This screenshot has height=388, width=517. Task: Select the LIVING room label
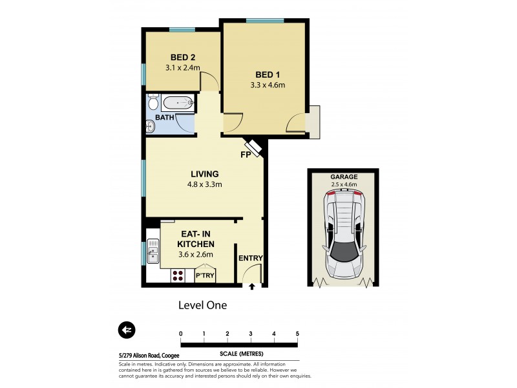(x=204, y=174)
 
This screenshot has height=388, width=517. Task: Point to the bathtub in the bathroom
(x=177, y=103)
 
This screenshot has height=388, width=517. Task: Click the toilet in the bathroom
(x=153, y=103)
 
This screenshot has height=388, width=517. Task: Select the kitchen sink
(x=153, y=251)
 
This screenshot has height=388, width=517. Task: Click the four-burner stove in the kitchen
(x=178, y=276)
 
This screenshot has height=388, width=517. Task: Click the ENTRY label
(x=250, y=259)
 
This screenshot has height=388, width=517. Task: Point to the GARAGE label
(x=344, y=177)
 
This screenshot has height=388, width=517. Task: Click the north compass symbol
(x=127, y=330)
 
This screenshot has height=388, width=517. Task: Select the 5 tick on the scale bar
(x=297, y=334)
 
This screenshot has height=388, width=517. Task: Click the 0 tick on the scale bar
(x=181, y=334)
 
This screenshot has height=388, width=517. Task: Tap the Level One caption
(x=202, y=305)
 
